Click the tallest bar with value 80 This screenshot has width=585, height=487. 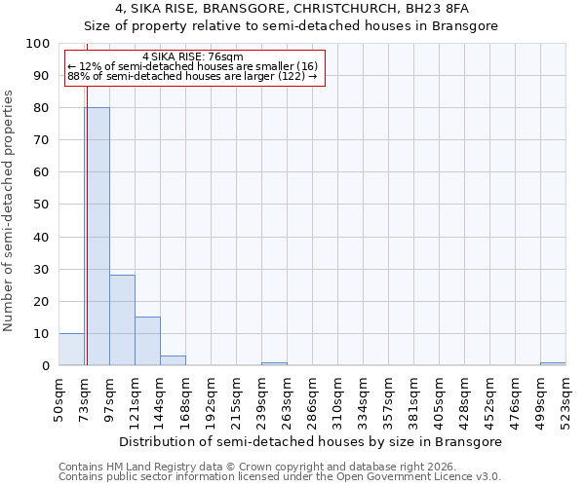point(97,237)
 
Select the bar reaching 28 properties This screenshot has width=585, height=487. point(122,320)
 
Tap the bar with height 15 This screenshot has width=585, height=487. point(147,341)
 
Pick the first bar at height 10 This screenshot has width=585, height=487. point(71,350)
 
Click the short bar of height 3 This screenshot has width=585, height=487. point(173,360)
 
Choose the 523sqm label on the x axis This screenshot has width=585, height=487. point(566,396)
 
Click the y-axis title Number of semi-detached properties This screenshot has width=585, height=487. point(10,210)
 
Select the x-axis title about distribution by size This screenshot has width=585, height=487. point(312,441)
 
